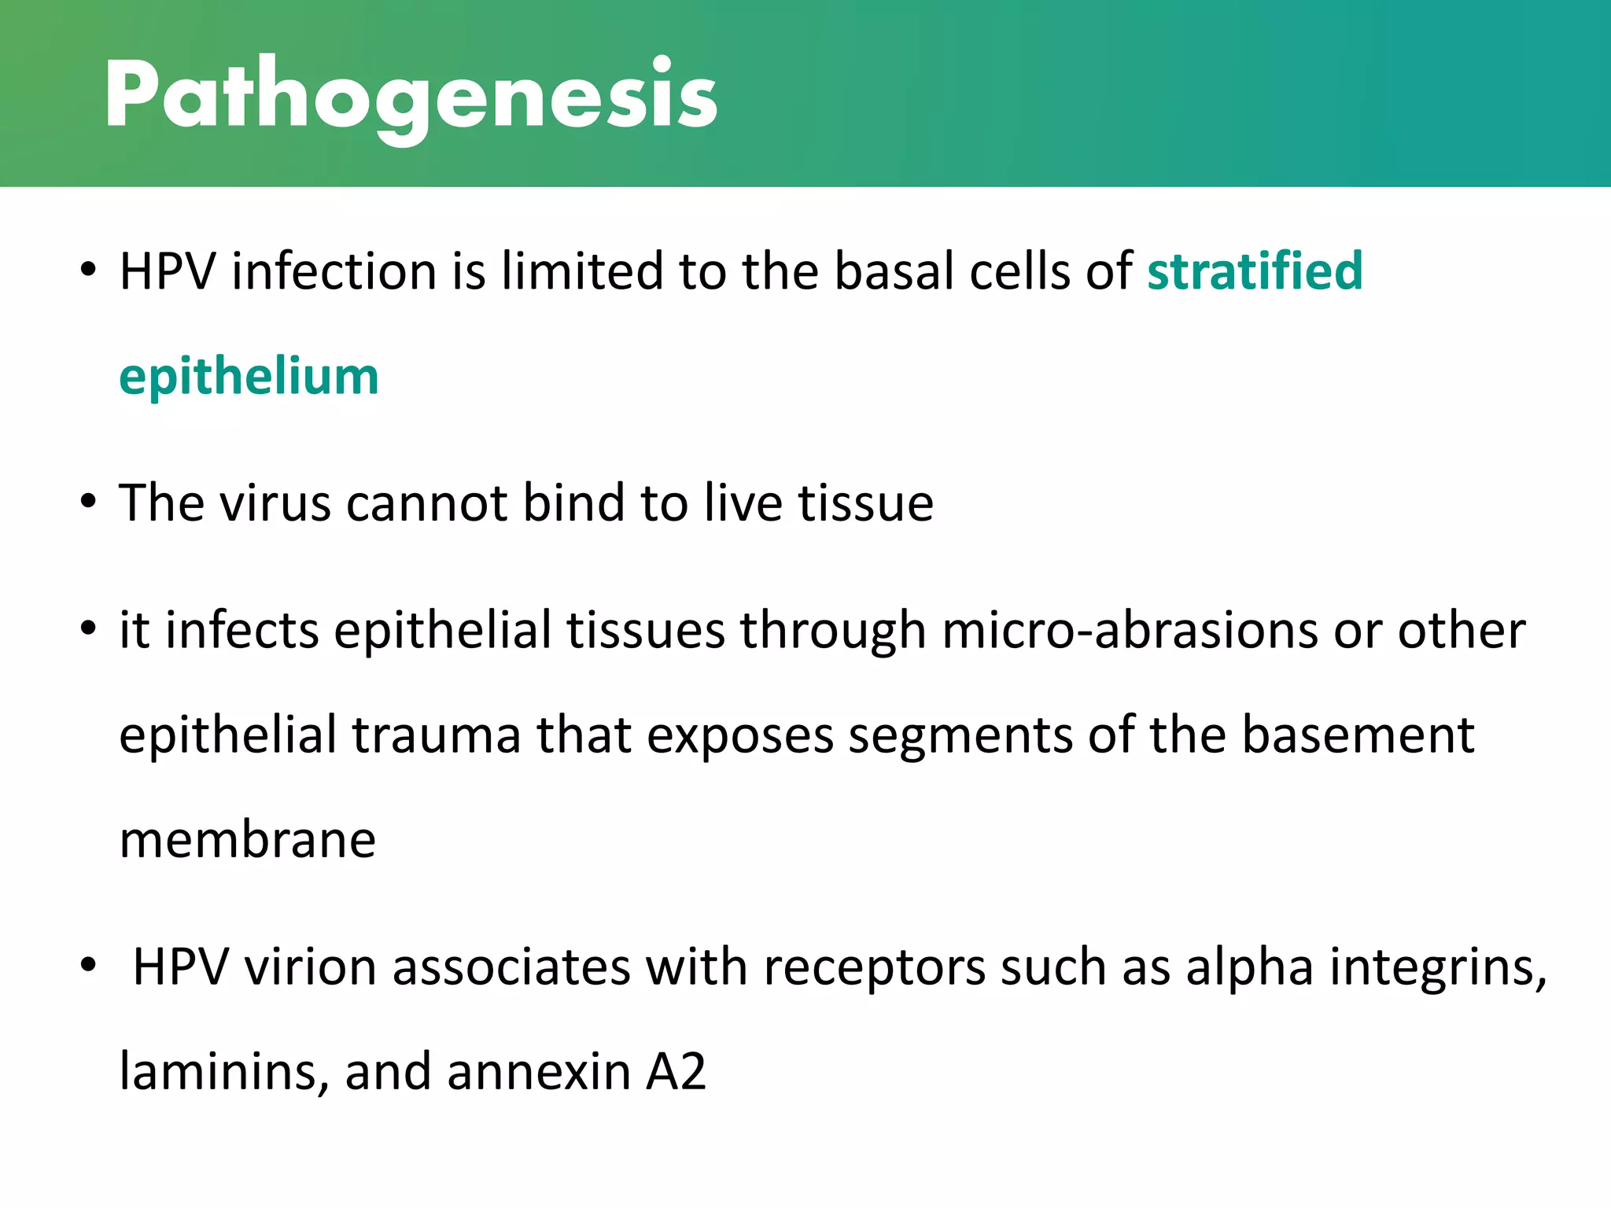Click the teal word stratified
click(1254, 271)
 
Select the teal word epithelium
click(249, 376)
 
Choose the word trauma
click(436, 735)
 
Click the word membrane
click(247, 840)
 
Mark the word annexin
click(538, 1072)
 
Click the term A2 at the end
click(676, 1072)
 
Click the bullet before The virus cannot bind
click(88, 502)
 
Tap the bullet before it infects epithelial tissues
click(88, 629)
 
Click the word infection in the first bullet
click(334, 271)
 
